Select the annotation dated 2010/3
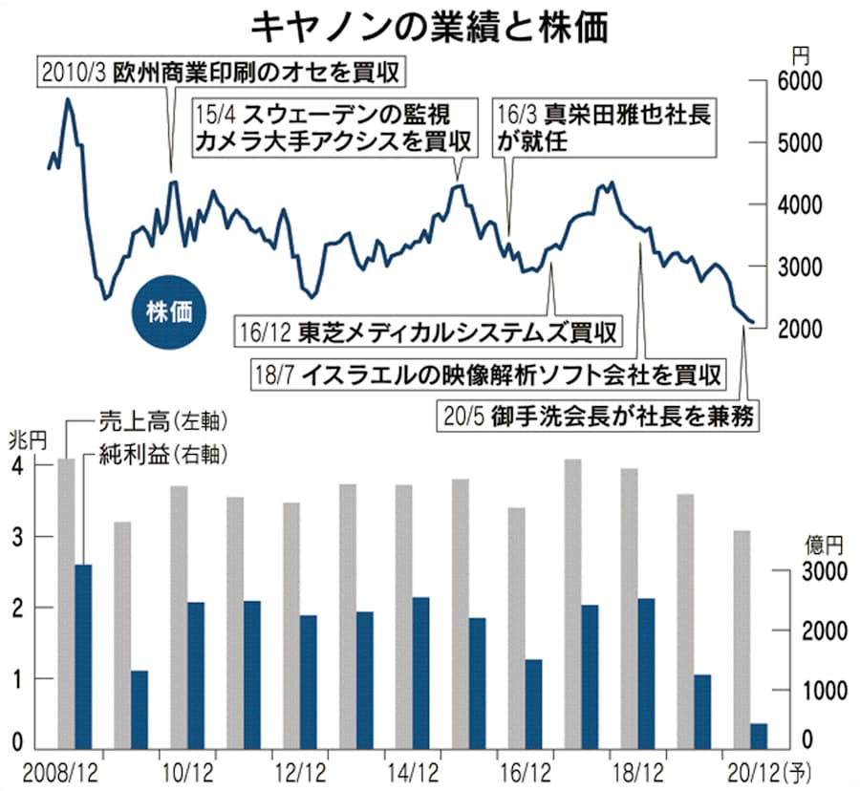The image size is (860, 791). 221,72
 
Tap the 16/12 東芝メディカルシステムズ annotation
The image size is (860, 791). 427,332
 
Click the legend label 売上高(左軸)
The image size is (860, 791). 166,419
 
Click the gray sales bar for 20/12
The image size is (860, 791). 742,639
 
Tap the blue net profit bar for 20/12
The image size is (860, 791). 760,736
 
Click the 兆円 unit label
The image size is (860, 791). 23,440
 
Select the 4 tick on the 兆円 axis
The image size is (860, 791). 15,466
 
